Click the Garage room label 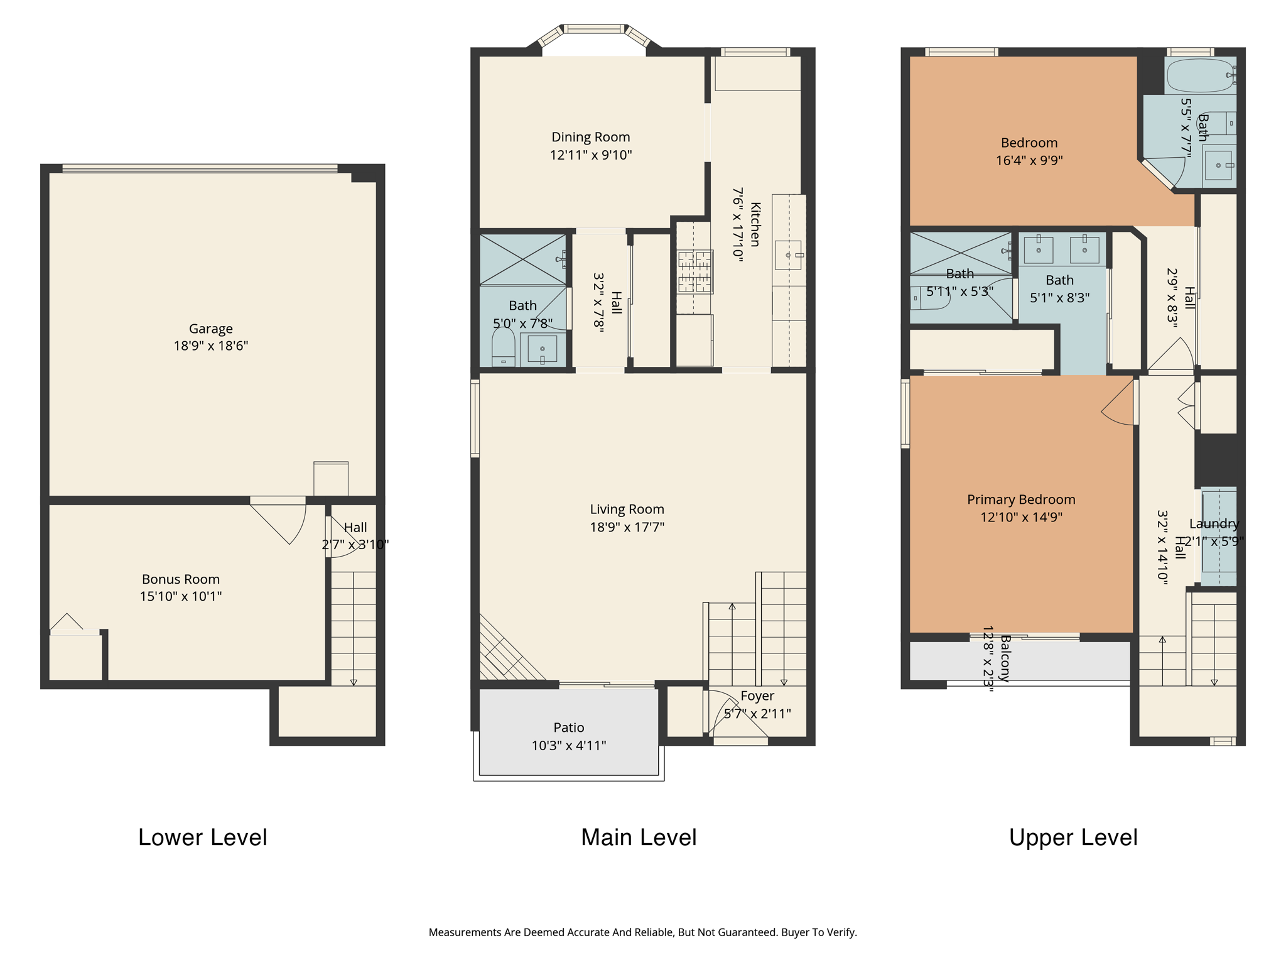(211, 329)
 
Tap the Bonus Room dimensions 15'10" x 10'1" (181, 596)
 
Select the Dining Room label (591, 137)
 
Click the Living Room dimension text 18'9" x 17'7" (627, 527)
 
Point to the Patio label (569, 728)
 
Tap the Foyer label (757, 696)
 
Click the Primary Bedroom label (1021, 499)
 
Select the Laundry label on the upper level (1214, 524)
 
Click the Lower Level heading (203, 837)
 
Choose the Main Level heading (639, 837)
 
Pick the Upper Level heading (1074, 837)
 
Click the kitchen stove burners (695, 272)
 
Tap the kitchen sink (788, 255)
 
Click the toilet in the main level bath (504, 347)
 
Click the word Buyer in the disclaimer (796, 932)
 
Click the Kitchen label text (755, 224)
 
